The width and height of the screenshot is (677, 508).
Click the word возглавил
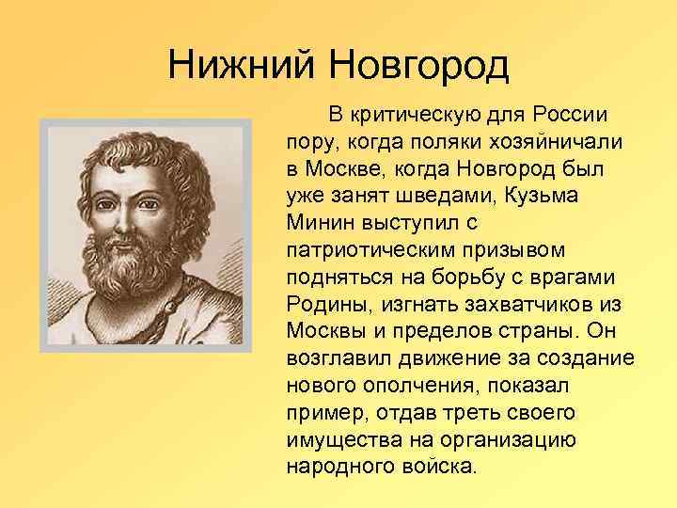tap(335, 360)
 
